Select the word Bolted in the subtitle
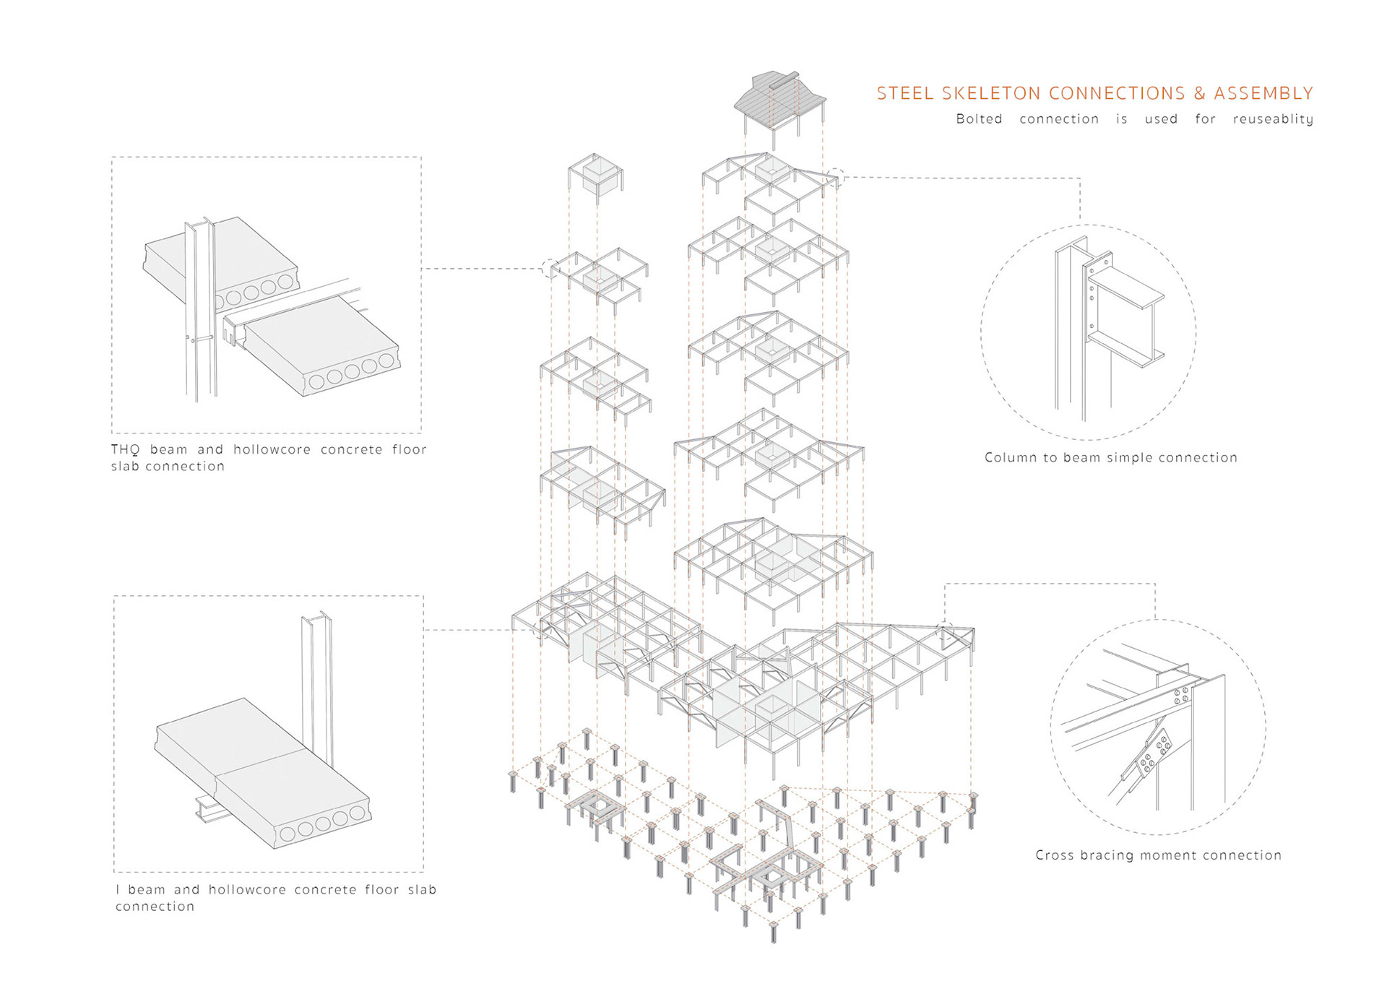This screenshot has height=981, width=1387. coord(979,119)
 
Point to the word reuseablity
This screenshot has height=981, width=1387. coord(1273,119)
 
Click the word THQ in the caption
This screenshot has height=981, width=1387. coord(125,449)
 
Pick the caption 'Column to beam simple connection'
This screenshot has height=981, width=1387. coord(1110,457)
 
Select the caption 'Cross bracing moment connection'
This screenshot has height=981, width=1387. coord(1158,855)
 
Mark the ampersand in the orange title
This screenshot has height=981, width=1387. coord(1199,93)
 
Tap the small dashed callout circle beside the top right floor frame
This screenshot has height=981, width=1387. coord(836,177)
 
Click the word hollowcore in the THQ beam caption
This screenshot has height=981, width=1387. coord(272,449)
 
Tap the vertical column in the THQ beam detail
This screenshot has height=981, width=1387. coord(200,311)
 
